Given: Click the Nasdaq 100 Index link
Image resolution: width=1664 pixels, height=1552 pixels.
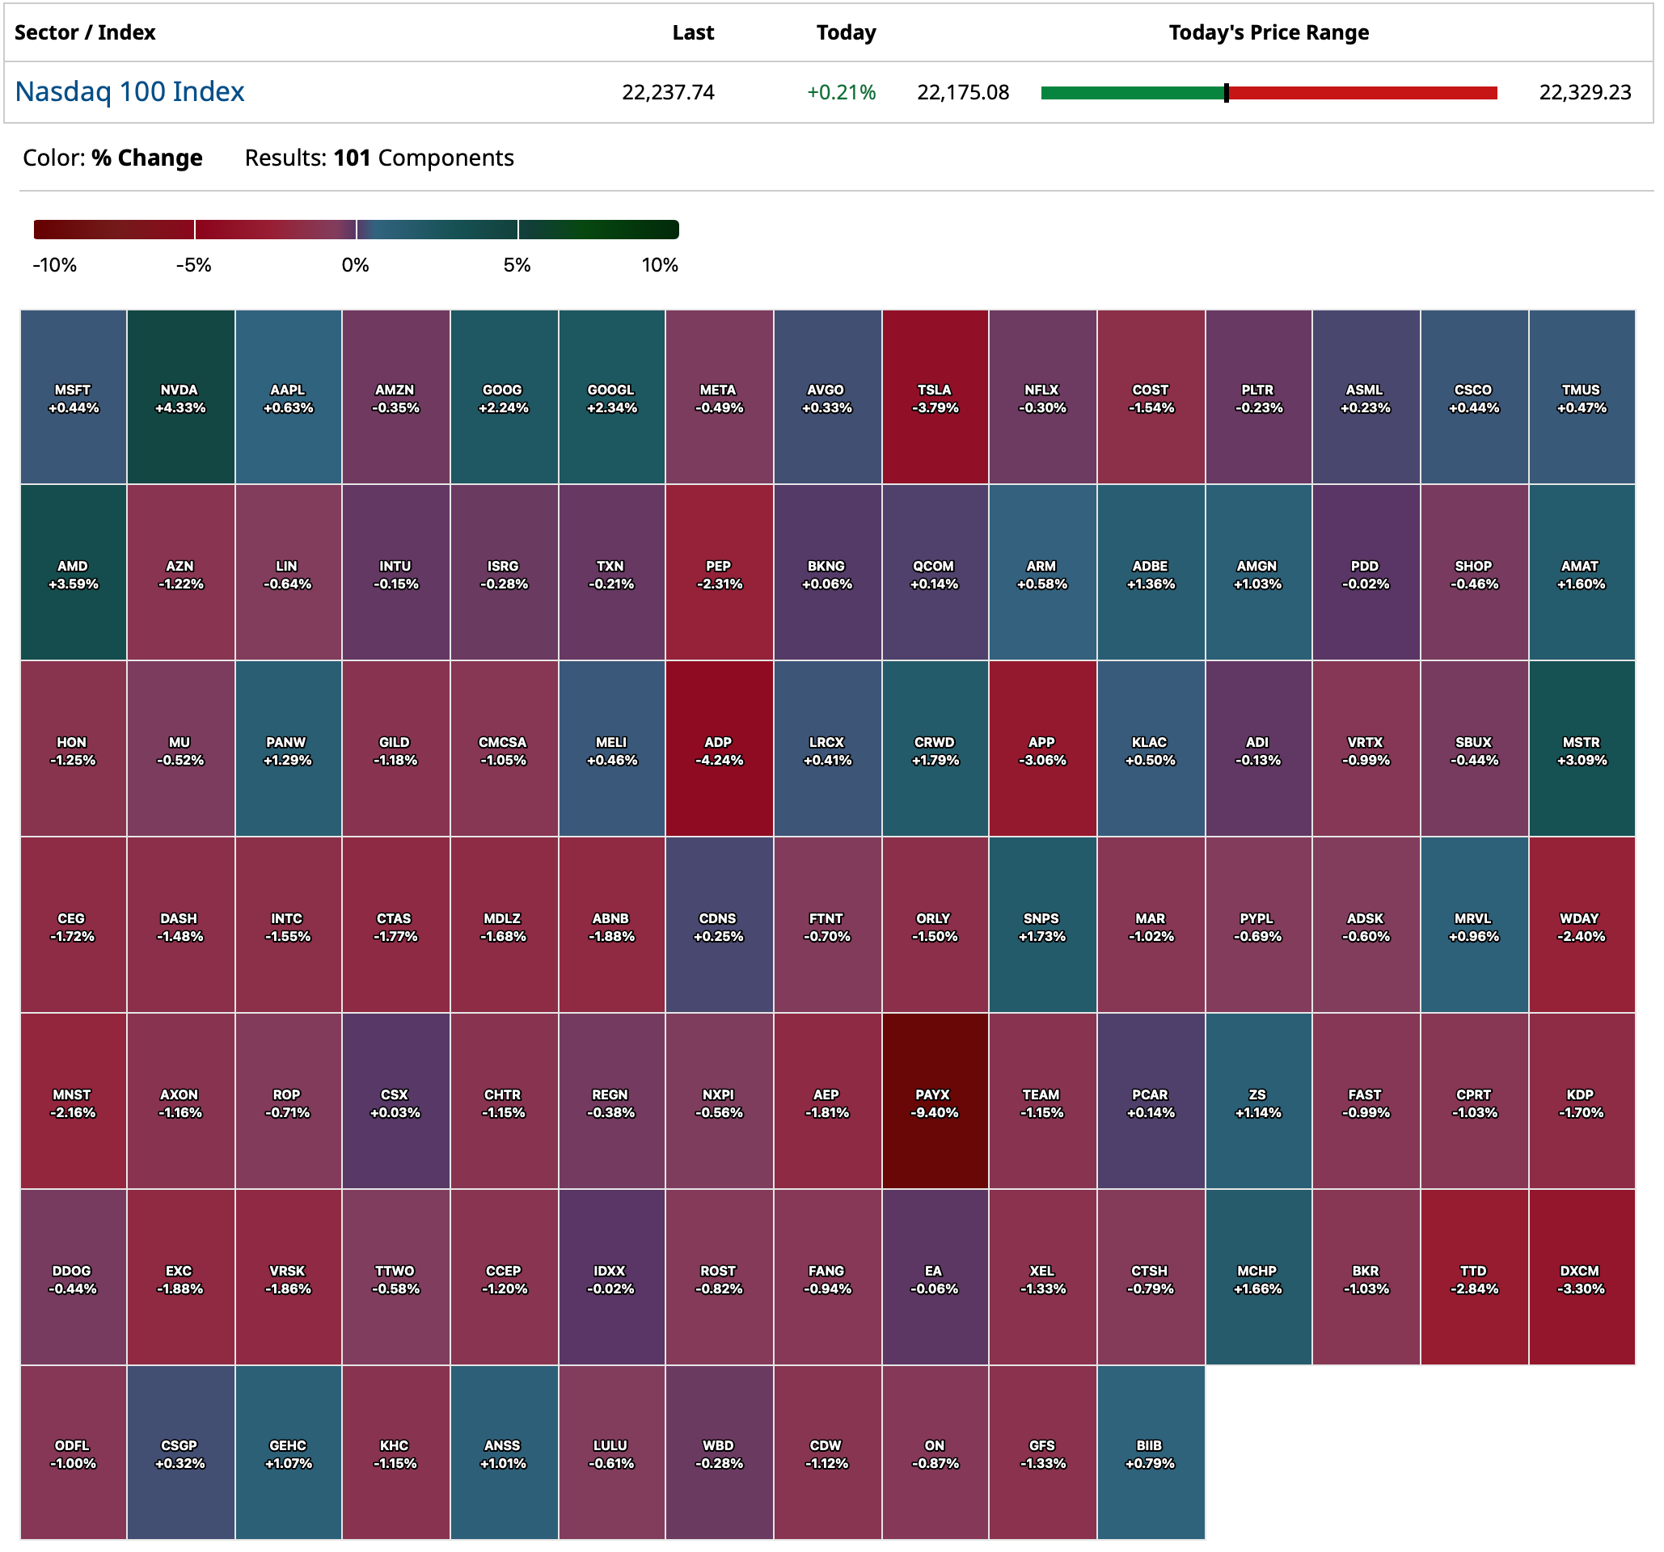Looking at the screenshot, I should (x=129, y=91).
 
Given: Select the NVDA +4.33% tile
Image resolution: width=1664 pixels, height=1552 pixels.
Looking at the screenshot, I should (x=180, y=398).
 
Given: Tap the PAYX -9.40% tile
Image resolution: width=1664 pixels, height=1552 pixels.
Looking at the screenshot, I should (x=934, y=1102).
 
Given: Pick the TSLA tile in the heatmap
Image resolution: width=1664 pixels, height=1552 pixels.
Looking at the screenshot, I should (x=934, y=398).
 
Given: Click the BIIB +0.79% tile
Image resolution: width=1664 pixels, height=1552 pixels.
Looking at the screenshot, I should (x=1150, y=1453).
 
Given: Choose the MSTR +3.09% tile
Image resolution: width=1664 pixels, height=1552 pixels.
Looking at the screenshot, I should (x=1582, y=749).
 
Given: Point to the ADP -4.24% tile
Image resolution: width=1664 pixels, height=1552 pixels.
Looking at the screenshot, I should (x=718, y=749).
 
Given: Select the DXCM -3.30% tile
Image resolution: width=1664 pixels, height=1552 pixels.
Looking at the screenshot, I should (x=1582, y=1279).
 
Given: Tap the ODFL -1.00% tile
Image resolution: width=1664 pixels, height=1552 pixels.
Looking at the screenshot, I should (x=73, y=1453).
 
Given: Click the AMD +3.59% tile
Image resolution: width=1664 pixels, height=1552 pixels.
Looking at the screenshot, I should (x=73, y=573).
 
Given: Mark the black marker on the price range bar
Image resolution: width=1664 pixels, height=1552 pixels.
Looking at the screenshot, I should (x=1227, y=93).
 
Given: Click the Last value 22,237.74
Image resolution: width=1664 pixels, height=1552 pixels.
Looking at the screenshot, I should (x=668, y=92).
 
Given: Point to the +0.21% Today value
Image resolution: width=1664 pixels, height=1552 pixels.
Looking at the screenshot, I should (x=841, y=92).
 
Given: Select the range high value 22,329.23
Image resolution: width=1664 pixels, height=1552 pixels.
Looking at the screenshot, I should (x=1585, y=92).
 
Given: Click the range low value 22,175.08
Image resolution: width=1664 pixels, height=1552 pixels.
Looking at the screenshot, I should (x=962, y=92).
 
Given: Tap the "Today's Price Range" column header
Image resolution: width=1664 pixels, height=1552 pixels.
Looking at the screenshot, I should (x=1268, y=32).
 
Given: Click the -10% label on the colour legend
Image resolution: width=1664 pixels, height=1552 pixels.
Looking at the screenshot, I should (x=54, y=265).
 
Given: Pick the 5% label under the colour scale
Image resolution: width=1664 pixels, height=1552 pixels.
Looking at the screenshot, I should (x=517, y=265).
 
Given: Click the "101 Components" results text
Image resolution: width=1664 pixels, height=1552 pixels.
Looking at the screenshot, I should (x=424, y=158).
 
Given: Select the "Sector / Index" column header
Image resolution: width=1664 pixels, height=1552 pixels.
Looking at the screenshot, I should (x=85, y=32).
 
